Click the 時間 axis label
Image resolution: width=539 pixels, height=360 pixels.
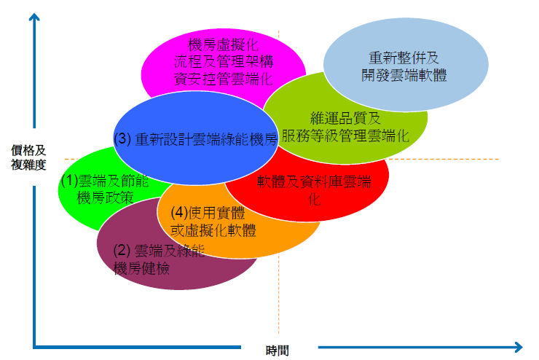point(277,351)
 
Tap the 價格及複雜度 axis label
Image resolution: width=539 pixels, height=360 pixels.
point(28,157)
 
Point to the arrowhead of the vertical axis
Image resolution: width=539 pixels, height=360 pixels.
point(34,17)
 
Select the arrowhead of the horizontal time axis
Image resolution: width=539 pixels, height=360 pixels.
point(519,347)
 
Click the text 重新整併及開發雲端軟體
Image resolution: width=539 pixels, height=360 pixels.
point(404,66)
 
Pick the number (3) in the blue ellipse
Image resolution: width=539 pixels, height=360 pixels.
point(122,138)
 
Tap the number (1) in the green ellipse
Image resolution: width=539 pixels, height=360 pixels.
point(70,181)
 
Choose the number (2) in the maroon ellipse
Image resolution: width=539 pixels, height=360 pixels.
point(122,250)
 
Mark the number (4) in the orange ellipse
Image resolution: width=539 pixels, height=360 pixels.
point(179,213)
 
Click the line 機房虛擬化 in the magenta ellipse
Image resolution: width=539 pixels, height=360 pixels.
point(224,45)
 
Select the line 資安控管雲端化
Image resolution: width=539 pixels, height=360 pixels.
point(224,79)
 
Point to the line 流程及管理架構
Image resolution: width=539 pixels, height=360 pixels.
point(224,62)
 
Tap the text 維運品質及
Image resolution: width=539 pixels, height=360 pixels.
point(345,118)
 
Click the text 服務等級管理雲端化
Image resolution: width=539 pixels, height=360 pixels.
point(345,136)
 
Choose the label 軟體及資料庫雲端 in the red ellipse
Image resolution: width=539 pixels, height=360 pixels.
point(314,181)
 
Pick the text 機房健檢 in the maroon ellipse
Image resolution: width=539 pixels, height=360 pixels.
point(141,268)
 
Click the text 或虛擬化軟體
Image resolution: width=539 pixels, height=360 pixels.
point(213,230)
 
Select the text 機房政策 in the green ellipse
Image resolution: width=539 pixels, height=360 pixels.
point(105,197)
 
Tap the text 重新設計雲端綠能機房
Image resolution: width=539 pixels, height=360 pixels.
point(206,139)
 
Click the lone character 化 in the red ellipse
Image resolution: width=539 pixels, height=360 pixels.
point(315,199)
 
